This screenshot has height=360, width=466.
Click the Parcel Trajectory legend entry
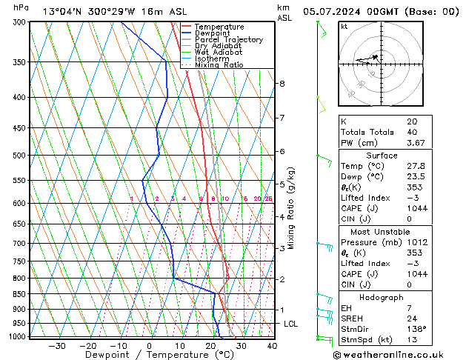click(228, 40)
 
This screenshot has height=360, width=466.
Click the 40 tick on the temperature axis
click(272, 346)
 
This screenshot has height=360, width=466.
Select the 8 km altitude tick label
click(282, 84)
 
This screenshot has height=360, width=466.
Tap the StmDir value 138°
click(417, 329)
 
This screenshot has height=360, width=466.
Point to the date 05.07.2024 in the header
click(337, 11)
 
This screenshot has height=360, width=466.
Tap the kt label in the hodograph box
click(344, 27)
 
